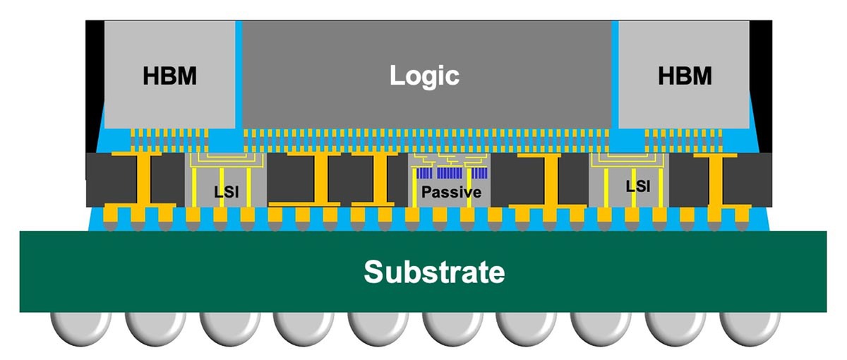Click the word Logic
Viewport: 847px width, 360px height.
coord(424,75)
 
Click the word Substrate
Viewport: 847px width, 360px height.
coord(434,271)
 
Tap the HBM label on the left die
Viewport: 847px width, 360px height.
coord(170,75)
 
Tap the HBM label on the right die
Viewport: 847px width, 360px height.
coord(684,75)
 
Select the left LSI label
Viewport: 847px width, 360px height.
coord(227,191)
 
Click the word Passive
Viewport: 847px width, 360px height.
coord(451,191)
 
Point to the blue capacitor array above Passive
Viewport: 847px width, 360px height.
coord(452,173)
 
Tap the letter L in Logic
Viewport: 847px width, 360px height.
coord(399,75)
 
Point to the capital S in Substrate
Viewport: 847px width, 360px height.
coord(374,271)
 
